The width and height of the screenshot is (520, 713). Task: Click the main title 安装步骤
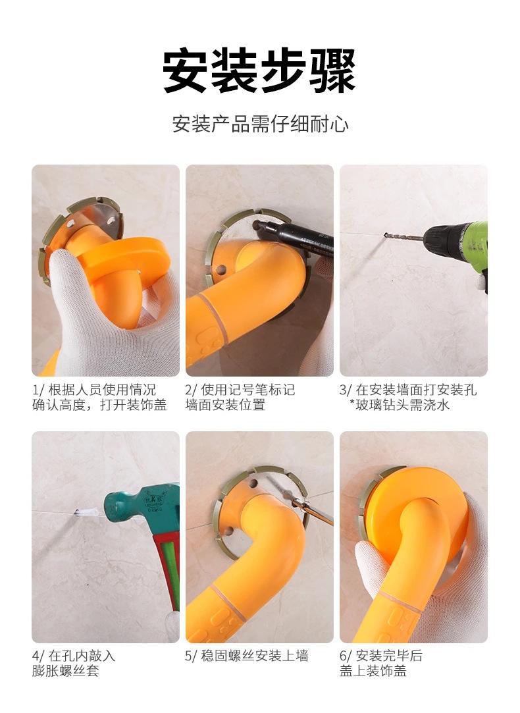259,70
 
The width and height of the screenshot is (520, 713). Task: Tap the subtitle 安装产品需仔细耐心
259,124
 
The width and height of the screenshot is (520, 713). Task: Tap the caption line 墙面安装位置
225,405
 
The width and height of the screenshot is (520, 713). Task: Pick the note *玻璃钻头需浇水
400,405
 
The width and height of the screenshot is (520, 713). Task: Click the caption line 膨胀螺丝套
65,671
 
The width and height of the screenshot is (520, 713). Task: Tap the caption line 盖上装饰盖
373,671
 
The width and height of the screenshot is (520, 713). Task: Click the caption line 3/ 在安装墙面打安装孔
408,390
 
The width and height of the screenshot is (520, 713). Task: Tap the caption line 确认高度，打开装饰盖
99,405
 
